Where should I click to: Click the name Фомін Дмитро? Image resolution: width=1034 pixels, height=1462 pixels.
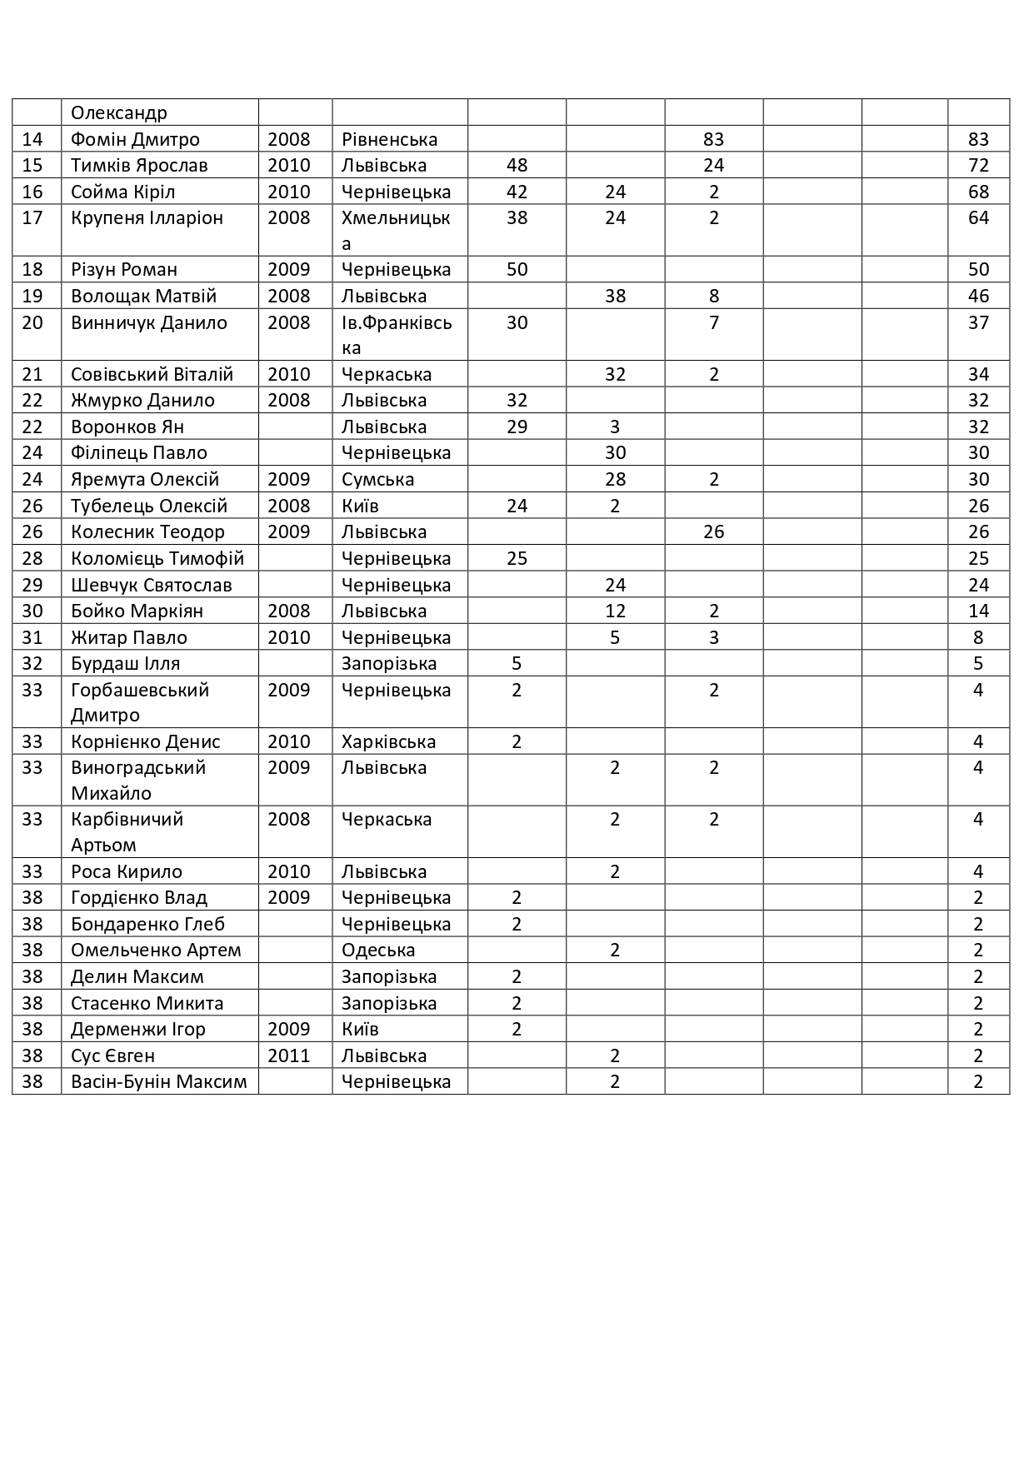135,139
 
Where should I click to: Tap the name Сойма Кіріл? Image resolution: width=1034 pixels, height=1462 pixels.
122,192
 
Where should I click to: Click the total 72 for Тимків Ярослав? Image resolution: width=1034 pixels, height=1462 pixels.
978,165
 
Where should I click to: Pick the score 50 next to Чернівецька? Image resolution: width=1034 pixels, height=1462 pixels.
517,269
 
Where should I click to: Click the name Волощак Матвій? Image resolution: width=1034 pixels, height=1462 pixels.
143,296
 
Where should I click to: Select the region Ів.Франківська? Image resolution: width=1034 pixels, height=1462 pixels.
397,335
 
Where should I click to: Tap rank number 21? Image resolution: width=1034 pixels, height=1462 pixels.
32,374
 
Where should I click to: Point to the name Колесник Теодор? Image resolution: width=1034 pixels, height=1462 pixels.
147,531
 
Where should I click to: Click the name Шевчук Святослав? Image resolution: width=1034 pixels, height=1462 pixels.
152,585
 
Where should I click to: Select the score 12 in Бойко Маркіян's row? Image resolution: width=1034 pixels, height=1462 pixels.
615,611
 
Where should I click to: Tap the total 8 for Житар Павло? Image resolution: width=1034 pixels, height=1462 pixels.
978,637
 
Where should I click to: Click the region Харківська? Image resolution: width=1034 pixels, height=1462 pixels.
388,741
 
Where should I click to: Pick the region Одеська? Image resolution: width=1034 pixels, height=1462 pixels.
378,950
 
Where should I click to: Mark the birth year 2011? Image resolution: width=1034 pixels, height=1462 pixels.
288,1055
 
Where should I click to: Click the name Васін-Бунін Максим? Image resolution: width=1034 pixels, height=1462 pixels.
159,1081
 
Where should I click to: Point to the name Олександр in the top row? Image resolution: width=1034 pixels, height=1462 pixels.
119,112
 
